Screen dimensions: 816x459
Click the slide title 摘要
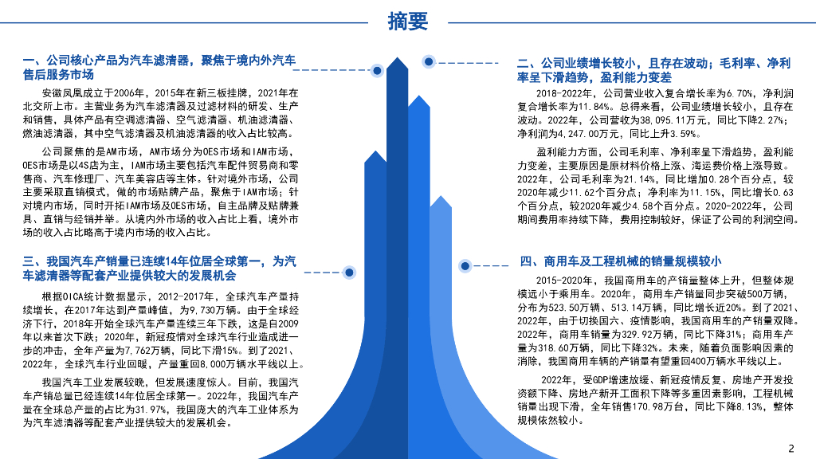(407, 22)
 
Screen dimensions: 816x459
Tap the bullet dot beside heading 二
(429, 61)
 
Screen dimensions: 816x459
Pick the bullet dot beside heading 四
(463, 265)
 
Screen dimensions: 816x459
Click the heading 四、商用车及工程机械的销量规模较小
(621, 261)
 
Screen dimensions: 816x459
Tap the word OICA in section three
(74, 296)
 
